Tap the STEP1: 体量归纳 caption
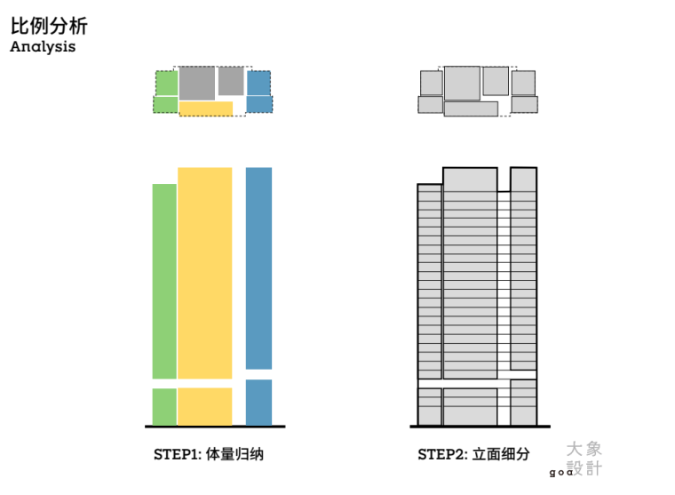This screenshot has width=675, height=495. pos(209,455)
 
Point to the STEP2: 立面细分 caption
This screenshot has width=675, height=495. pos(473,455)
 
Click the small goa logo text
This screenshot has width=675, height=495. pos(560,473)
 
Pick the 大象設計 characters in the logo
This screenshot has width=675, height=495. pos(586,459)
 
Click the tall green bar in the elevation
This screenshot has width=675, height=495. pos(164,281)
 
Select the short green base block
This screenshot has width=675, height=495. pos(164,407)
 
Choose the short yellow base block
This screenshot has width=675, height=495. pos(204,406)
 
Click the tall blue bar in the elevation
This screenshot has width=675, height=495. pos(258,267)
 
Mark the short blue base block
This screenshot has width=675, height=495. pos(258,403)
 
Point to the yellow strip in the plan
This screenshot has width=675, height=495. pos(206,108)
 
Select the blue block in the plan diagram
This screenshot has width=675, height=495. pos(258,91)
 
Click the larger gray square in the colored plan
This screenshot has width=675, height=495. pos(196,83)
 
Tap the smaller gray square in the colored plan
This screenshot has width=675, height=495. pos(231,81)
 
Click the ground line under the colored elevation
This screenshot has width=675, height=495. pos(213,427)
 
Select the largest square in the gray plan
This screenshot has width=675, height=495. pos(462,83)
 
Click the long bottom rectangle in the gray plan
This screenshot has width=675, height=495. pos(471,109)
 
